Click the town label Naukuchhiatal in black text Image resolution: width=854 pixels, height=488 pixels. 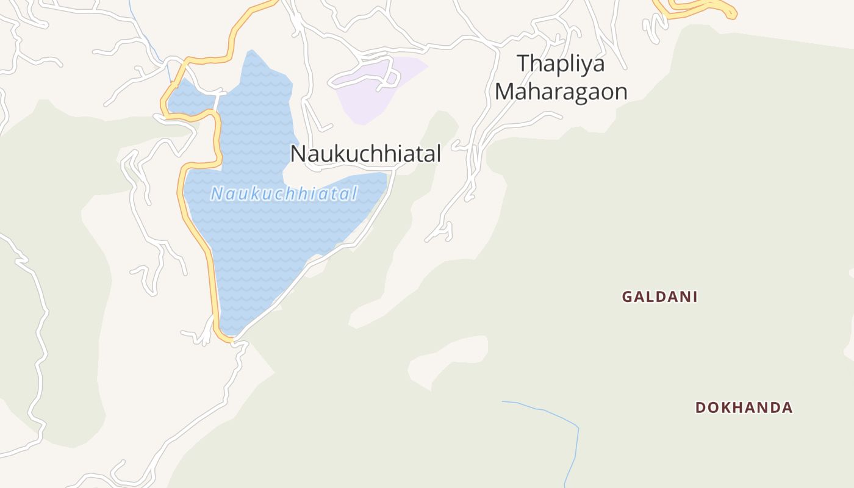click(365, 154)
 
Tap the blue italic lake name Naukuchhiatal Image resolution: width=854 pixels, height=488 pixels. click(284, 194)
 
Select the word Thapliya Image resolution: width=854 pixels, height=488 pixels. click(561, 64)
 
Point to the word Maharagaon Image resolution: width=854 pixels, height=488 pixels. click(561, 91)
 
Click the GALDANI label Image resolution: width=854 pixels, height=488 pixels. click(659, 297)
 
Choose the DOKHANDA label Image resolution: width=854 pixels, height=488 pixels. click(744, 407)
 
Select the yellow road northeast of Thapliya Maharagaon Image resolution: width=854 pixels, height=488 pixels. click(701, 7)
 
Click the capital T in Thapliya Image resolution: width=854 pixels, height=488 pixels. click(523, 64)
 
